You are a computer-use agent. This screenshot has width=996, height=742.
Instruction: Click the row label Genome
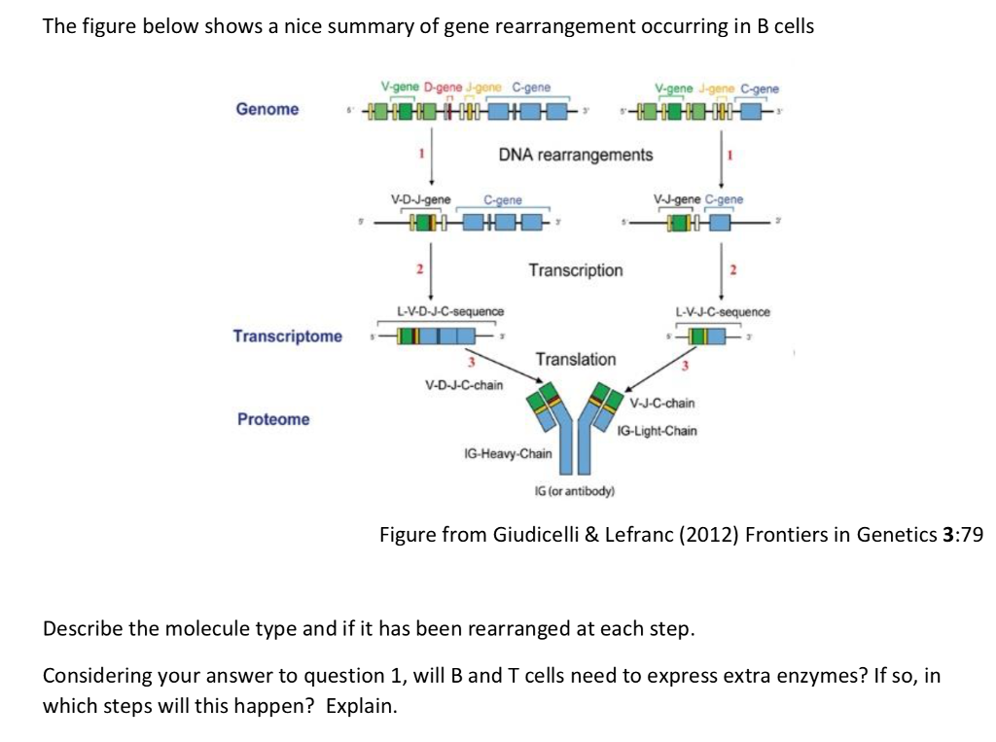point(267,109)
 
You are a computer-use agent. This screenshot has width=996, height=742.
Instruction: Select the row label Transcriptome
point(288,336)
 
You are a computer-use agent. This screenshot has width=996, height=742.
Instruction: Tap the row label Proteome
point(273,419)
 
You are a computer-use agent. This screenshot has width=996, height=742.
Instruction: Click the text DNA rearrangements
point(576,155)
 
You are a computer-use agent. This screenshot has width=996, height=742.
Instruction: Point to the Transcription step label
point(576,269)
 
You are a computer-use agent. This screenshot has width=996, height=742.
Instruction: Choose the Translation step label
point(576,360)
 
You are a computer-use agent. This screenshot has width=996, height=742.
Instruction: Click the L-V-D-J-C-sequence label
point(450,311)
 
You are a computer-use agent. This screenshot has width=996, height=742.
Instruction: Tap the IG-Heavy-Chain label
point(508,453)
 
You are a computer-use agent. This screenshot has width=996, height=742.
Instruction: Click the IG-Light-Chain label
point(657,430)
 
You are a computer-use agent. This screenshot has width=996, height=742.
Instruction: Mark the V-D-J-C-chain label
point(464,384)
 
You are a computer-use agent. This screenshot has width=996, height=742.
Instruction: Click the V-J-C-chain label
point(662,403)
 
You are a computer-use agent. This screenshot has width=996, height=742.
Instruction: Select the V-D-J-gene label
point(420,199)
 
